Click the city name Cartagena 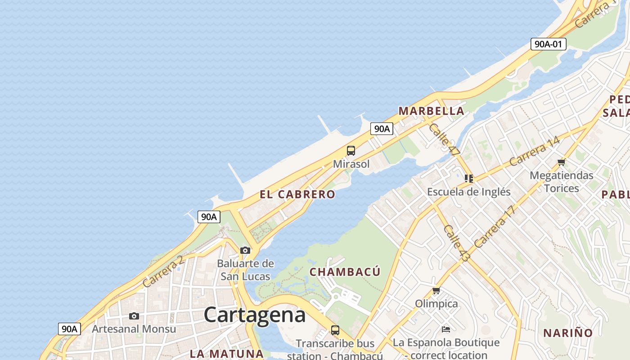pos(255,315)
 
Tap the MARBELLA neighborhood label pos(431,111)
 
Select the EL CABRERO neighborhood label pos(297,194)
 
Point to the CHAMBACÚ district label pos(345,272)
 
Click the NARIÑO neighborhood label pos(568,333)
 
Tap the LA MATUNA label pos(226,354)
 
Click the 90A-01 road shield pos(548,44)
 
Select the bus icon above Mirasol pos(351,151)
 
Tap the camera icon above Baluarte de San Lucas pos(245,250)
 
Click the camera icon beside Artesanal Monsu pos(134,316)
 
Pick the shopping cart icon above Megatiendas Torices pos(561,162)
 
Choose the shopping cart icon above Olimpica pos(436,291)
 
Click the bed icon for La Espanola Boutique pos(446,329)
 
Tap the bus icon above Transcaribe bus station pos(335,330)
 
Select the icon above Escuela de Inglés pos(469,179)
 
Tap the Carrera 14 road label pos(535,151)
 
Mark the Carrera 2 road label pos(163,271)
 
